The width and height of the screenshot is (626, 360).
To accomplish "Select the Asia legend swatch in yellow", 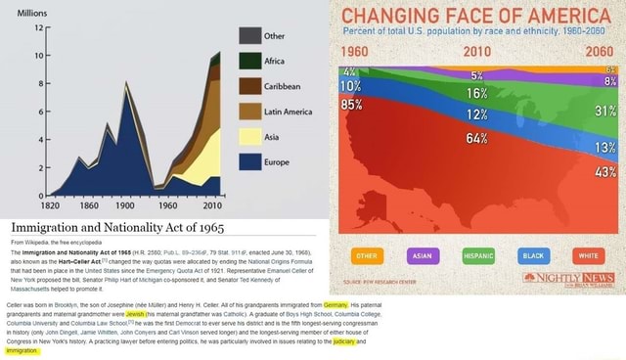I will pyautogui.click(x=249, y=136).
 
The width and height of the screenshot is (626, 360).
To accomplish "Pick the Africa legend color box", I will pyautogui.click(x=249, y=60).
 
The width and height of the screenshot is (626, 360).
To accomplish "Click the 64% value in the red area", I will pyautogui.click(x=477, y=137).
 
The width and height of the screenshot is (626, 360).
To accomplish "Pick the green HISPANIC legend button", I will pyautogui.click(x=480, y=257).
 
